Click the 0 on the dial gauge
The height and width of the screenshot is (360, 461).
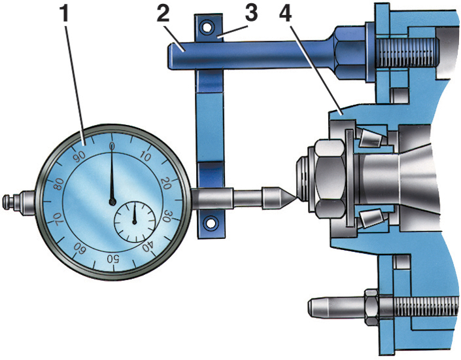coord(112,146)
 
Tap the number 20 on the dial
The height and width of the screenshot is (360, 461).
coord(167,184)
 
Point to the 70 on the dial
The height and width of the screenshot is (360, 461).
coord(58,219)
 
